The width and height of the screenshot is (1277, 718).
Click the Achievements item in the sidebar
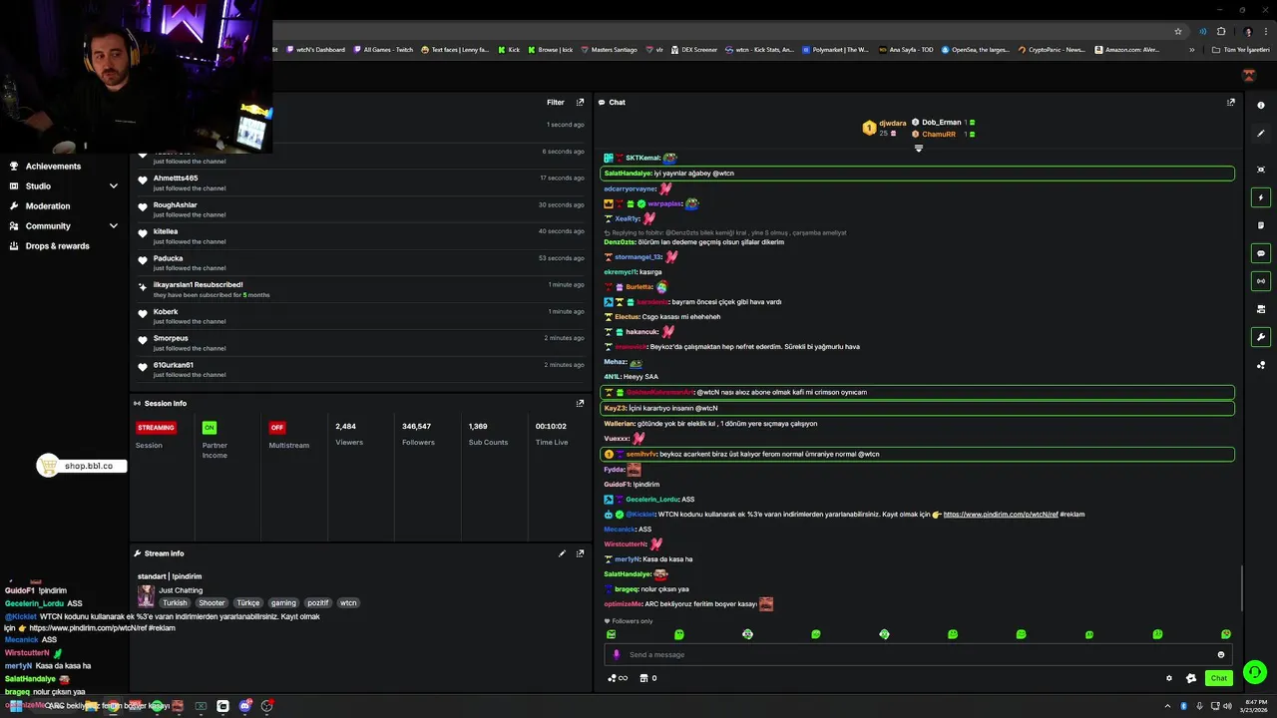(53, 167)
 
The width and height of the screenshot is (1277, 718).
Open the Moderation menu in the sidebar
(48, 206)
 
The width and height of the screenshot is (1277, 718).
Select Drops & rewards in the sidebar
(57, 246)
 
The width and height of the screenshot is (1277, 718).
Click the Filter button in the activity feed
(556, 102)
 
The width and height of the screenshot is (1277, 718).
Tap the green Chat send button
(1218, 678)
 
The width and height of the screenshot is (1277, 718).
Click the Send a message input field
(898, 655)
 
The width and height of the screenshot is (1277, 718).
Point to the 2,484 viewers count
(346, 427)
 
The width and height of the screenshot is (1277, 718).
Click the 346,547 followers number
(416, 427)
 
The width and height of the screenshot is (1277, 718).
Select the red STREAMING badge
(156, 428)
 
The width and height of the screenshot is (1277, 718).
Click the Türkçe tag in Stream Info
(247, 603)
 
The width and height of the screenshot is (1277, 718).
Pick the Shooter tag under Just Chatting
(212, 603)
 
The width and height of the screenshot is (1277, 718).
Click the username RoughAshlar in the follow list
(176, 205)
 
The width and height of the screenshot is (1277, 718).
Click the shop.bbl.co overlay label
(89, 466)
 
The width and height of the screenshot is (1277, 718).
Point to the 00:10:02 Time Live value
(551, 427)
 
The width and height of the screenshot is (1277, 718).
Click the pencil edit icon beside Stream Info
(562, 553)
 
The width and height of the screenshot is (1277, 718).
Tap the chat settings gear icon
(1169, 678)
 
